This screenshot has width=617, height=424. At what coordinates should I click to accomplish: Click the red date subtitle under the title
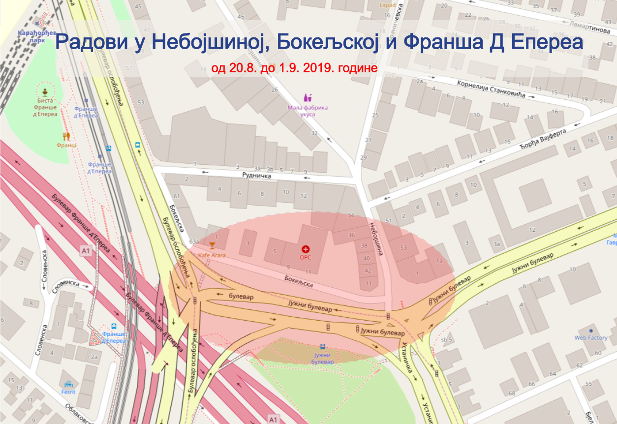click(294, 67)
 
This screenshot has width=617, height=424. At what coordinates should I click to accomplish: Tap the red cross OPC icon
click(306, 249)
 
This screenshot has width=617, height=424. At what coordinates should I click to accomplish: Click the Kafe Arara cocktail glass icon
click(212, 245)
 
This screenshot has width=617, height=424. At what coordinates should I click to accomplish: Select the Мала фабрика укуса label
click(308, 110)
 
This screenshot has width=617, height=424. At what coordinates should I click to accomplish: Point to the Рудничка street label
click(257, 176)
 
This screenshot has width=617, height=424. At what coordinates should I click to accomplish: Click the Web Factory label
click(591, 338)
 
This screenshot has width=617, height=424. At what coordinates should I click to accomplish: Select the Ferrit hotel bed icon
click(68, 384)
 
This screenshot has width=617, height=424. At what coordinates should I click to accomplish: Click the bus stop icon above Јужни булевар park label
click(323, 347)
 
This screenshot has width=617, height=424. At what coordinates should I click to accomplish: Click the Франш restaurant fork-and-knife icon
click(66, 136)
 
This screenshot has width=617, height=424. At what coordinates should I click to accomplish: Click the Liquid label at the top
click(387, 5)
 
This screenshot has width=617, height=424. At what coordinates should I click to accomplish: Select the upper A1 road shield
click(86, 251)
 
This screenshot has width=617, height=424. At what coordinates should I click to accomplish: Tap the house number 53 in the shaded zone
click(403, 247)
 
